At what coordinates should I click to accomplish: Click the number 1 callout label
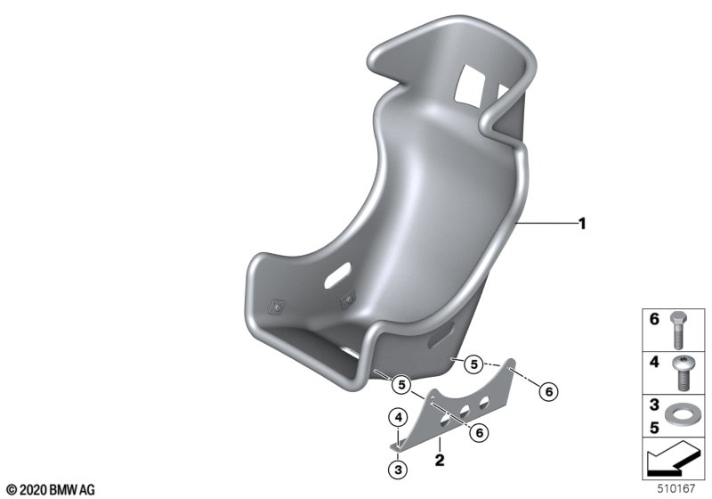pos(582,224)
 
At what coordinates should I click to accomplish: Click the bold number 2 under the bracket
pos(439,460)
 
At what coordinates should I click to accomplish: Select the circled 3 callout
pos(398,469)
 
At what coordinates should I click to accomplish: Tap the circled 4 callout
pos(398,417)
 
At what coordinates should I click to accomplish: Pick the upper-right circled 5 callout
pos(473,364)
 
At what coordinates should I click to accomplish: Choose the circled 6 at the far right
pos(548,391)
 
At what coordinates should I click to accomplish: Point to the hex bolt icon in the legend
pos(678,330)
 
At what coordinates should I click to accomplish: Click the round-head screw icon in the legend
pos(680,373)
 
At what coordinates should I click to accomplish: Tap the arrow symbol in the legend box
pos(671,458)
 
